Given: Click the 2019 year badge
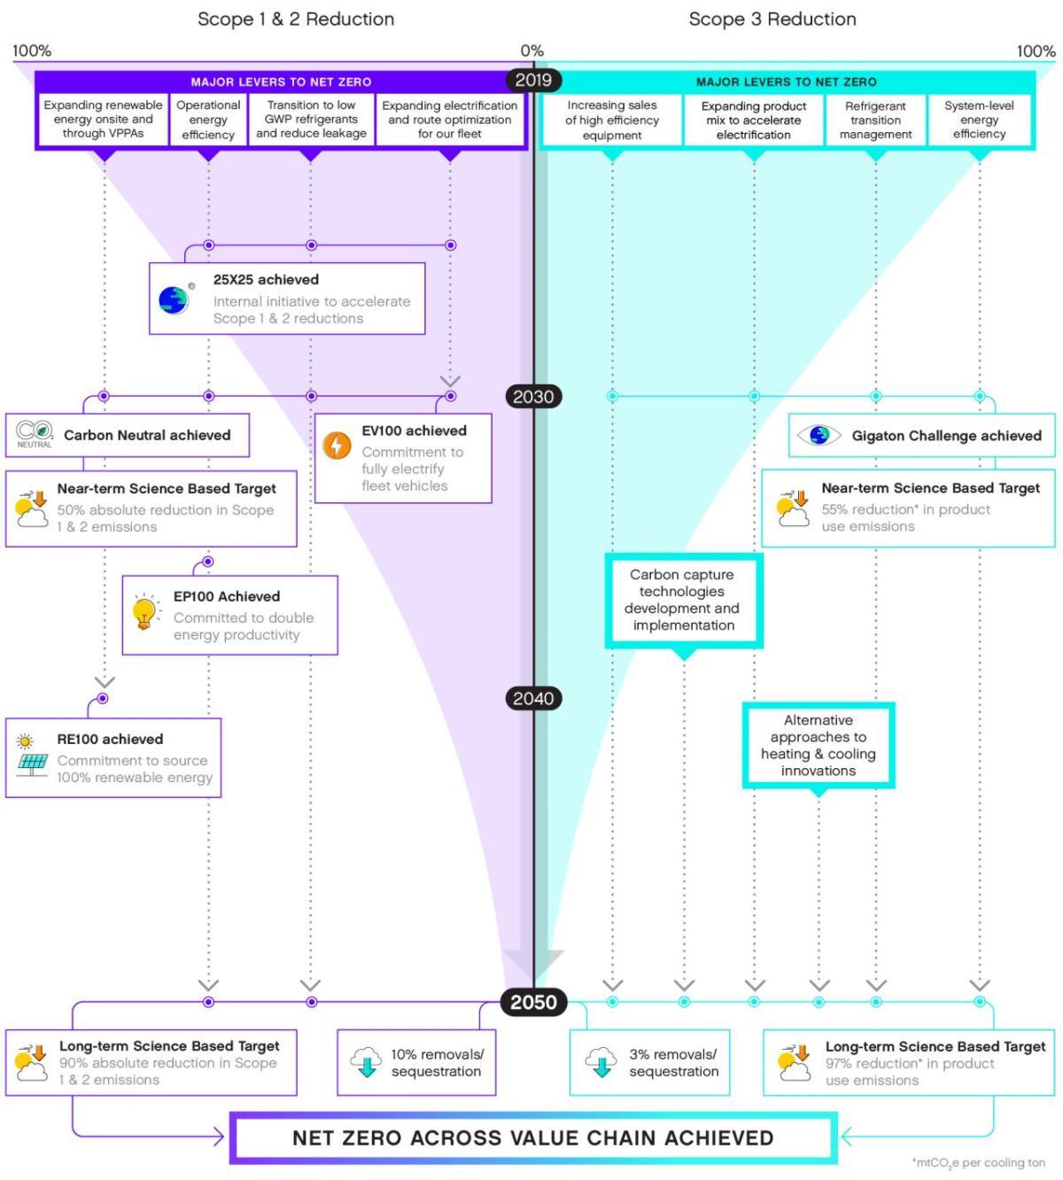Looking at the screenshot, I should point(533,80).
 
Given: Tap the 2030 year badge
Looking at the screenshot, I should point(533,397).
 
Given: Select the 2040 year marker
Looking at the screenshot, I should point(533,698).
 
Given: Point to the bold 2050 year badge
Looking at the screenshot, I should point(533,1002).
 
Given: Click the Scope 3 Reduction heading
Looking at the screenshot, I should point(772,19).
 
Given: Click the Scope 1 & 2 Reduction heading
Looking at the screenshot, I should point(296,19).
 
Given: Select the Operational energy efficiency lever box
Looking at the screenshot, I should point(208,120).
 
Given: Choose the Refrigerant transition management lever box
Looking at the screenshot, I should point(875,120).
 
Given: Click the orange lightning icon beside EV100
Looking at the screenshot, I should point(337,445).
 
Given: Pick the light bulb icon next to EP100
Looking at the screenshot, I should point(144,612).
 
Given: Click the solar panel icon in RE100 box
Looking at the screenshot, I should point(32,763).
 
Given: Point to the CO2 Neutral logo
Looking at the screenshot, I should point(35,434).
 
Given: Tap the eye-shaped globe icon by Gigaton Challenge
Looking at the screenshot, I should point(819,435).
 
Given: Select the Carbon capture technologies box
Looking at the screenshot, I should point(683,600).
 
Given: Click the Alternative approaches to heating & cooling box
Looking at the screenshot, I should point(818,745).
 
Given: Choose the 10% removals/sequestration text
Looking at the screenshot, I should point(437,1062).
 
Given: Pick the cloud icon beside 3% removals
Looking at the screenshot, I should point(601,1061).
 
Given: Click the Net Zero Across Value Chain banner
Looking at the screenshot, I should point(533,1137).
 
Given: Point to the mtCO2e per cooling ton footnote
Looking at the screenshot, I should point(978,1162).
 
